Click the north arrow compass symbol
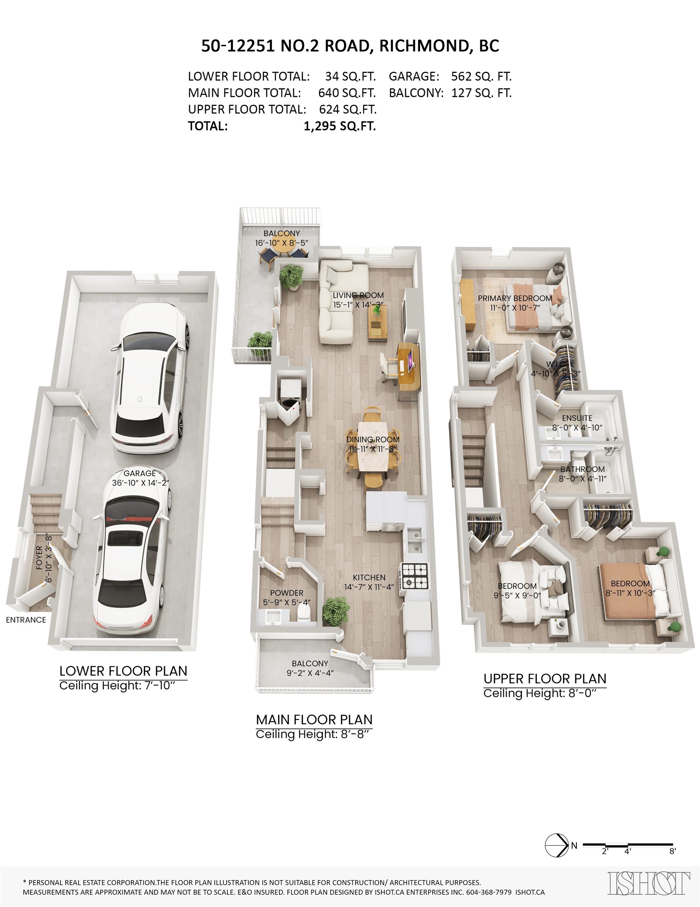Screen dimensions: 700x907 click(556, 845)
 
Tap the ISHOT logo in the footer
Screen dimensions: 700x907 click(649, 883)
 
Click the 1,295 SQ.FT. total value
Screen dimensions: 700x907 click(340, 126)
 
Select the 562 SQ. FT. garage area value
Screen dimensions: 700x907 click(481, 76)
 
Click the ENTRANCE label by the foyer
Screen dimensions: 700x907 click(26, 620)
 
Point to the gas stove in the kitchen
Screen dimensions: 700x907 click(414, 576)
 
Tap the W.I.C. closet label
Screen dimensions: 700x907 click(556, 364)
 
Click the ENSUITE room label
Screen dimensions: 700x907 click(577, 418)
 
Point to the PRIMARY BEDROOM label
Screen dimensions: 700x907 click(515, 298)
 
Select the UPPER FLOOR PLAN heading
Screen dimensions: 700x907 click(545, 678)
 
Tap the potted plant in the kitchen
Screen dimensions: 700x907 click(336, 611)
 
